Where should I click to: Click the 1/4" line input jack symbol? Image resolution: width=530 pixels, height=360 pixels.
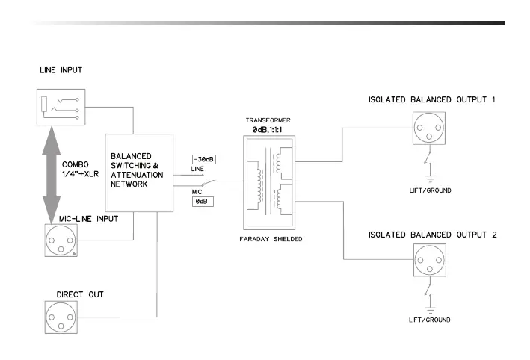coord(61,107)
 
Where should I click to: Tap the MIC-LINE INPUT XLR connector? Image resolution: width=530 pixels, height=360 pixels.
coord(61,240)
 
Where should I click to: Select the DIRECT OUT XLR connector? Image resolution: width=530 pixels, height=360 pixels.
coord(61,317)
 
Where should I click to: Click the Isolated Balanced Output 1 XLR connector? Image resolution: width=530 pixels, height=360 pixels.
coord(429,128)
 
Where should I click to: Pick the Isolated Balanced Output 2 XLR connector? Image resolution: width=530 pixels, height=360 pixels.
coord(430,261)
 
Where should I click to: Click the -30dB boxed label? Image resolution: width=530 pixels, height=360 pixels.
coord(204,159)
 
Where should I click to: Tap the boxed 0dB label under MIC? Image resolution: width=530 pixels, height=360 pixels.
coord(203,202)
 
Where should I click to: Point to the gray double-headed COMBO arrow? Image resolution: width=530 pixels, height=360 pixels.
coord(52,175)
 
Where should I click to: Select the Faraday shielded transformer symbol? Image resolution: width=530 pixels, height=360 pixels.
coord(269,183)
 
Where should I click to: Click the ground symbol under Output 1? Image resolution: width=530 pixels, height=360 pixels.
coord(430,179)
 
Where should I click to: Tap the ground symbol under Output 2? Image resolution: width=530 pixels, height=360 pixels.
coord(430,311)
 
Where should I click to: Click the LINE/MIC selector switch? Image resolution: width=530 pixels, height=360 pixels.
coord(208,183)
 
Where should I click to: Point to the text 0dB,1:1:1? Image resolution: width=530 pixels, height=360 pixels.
coord(267,130)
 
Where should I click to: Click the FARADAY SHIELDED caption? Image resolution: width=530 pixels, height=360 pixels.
coord(271,239)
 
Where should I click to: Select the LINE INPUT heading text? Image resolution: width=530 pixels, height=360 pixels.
coord(61,70)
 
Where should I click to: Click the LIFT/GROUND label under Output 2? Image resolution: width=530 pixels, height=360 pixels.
coord(429,320)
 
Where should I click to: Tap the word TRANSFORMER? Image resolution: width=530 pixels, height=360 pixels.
coord(268,120)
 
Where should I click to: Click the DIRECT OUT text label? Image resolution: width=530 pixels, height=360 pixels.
coord(80,294)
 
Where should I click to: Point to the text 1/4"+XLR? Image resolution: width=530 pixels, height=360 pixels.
coord(80,174)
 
